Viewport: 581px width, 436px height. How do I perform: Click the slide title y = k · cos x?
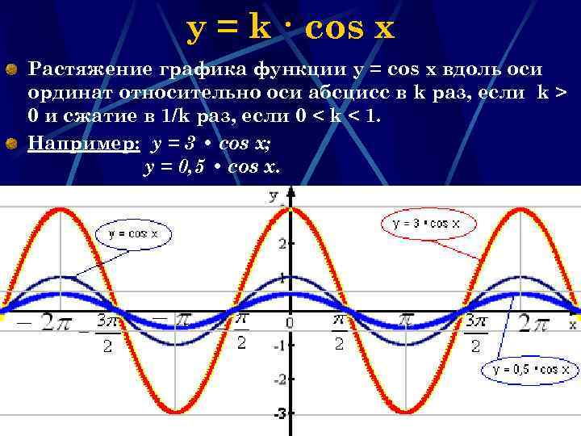coord(290,29)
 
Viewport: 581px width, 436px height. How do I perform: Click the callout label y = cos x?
coord(133,234)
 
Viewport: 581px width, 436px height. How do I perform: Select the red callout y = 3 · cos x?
coord(428,224)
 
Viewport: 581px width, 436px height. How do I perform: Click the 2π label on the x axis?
coord(534,324)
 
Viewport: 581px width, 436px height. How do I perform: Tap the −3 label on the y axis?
coord(278,414)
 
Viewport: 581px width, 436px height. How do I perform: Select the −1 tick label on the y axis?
coord(279,346)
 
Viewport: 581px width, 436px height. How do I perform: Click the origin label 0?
coord(289,322)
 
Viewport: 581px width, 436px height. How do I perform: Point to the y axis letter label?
coord(274,195)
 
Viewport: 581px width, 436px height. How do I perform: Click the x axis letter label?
coord(572,324)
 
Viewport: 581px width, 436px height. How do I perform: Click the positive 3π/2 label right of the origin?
coord(475,332)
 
